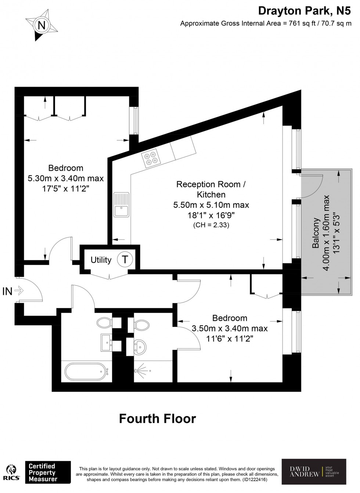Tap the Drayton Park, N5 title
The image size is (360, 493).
[304, 11]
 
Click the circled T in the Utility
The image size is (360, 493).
[125, 260]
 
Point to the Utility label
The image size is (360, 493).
[101, 260]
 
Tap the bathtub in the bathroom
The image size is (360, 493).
[87, 371]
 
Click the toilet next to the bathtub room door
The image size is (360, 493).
[104, 323]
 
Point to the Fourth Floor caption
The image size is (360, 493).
[158, 418]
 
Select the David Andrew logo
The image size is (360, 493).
[313, 472]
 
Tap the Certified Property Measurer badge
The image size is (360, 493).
[47, 472]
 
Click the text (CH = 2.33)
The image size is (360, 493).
[211, 225]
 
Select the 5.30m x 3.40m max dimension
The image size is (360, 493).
[66, 178]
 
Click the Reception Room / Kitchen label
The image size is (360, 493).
[211, 189]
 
